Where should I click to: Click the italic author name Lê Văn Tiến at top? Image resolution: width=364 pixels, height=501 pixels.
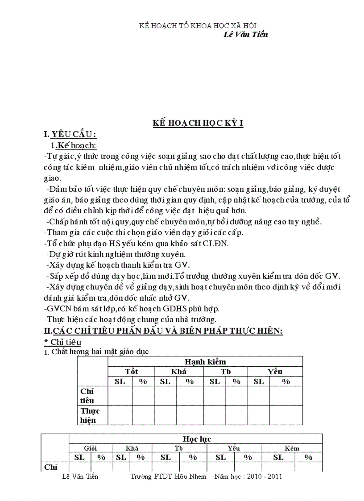click(245, 34)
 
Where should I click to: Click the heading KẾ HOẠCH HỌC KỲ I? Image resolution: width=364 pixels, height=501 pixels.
click(198, 124)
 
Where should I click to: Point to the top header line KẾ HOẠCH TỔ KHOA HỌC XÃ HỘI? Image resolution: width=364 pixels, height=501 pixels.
click(198, 26)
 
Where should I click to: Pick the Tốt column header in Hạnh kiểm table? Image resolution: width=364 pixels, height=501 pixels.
click(131, 371)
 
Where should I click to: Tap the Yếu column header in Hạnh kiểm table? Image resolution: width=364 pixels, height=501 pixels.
click(275, 371)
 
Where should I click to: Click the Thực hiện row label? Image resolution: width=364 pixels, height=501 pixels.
click(90, 415)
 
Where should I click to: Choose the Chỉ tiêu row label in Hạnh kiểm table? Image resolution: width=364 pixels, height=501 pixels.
click(87, 395)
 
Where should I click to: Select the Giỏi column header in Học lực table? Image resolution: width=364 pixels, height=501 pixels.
click(91, 448)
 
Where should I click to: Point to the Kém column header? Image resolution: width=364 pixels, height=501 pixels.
click(292, 448)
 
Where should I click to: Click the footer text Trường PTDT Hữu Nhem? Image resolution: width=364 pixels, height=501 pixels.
click(169, 476)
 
